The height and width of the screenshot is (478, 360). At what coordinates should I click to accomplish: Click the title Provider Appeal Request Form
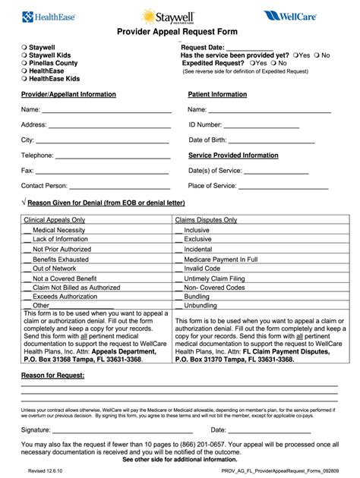[x=176, y=32]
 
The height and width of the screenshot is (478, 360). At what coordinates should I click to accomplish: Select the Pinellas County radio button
[x=24, y=63]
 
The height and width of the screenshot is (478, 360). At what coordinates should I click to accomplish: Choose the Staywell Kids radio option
[x=24, y=55]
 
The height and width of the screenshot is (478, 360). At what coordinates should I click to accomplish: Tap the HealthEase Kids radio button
[x=24, y=78]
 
